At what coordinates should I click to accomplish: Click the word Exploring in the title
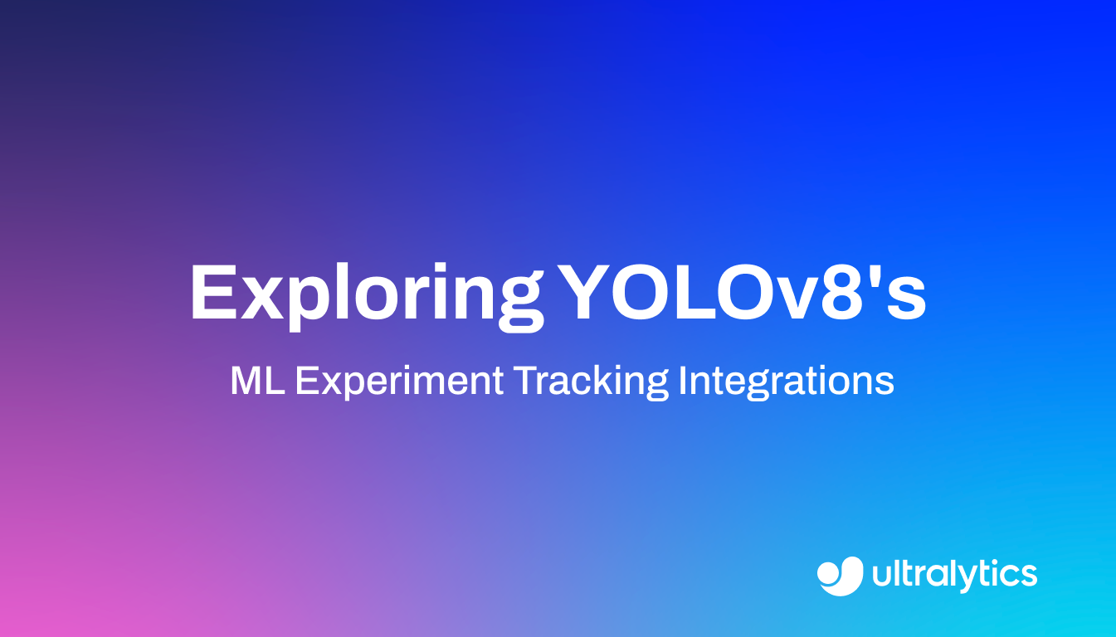(x=366, y=294)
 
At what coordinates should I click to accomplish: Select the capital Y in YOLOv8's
(x=589, y=292)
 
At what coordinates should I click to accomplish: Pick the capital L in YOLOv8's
(x=709, y=292)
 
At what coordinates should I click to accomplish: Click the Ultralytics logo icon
(x=841, y=575)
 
